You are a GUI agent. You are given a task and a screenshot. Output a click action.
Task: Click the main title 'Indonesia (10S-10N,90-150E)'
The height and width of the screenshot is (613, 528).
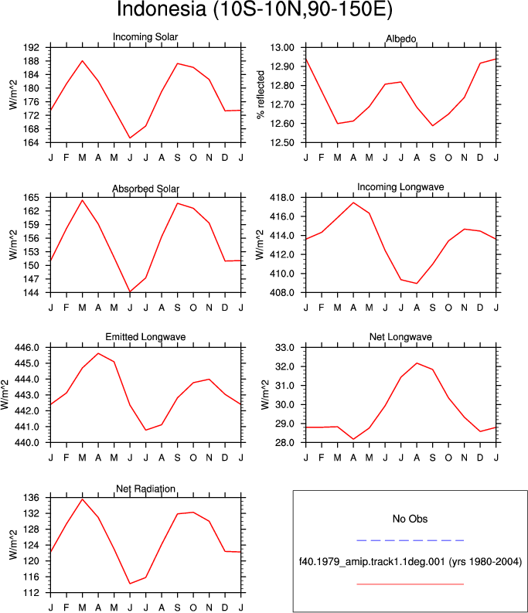coord(254,9)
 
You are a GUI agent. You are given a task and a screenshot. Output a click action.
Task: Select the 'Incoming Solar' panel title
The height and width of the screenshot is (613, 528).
coord(145,37)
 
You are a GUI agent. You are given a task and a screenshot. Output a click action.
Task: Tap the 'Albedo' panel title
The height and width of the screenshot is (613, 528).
coord(401,39)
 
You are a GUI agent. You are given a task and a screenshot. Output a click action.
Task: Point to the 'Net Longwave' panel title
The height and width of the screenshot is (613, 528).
coord(401,337)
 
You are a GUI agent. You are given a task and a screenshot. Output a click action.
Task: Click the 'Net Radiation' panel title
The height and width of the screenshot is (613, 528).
coord(145,489)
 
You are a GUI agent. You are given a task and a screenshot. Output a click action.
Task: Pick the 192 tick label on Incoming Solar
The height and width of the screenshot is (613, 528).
coord(32,48)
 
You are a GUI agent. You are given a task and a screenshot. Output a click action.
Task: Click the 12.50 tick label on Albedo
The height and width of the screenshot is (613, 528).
coord(282,143)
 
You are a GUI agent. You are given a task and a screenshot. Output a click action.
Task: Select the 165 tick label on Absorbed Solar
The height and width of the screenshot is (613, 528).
coord(32,198)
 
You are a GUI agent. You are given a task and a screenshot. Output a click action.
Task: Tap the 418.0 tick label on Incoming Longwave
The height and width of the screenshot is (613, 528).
coord(282,198)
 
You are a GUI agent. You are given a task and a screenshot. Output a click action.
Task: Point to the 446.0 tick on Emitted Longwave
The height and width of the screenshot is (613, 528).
coord(27,348)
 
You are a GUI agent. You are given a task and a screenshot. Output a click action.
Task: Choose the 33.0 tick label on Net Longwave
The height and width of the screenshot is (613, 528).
coord(284,348)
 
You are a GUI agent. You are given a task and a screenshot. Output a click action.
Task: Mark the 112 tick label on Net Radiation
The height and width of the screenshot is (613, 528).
coord(32,593)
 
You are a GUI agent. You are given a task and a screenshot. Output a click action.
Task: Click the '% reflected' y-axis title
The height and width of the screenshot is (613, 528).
coord(261,94)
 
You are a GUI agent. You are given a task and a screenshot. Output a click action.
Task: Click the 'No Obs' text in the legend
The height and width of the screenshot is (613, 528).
coord(410,519)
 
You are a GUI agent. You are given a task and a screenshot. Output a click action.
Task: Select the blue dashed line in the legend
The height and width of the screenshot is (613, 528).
coord(410,540)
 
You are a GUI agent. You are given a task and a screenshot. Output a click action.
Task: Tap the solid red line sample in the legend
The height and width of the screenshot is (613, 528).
coord(410,584)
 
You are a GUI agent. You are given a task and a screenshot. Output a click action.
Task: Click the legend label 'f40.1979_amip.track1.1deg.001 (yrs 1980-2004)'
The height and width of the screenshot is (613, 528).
coord(410,562)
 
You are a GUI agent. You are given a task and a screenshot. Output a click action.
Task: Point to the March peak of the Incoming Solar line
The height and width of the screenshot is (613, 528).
coord(82,60)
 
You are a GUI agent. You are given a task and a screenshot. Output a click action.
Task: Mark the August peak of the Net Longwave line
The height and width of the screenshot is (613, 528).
coord(417,363)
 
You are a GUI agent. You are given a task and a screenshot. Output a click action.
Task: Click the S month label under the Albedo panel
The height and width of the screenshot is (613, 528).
coord(433,158)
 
